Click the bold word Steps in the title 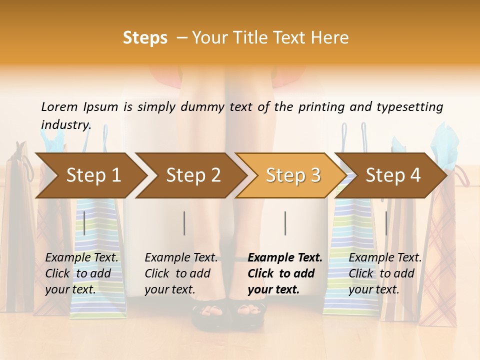145,38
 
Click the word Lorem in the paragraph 59,106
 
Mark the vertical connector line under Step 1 84,223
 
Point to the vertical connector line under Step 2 184,223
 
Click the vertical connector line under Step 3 285,223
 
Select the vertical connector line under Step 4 386,223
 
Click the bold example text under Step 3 284,273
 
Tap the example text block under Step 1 82,273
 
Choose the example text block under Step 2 181,273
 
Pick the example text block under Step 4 385,273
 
